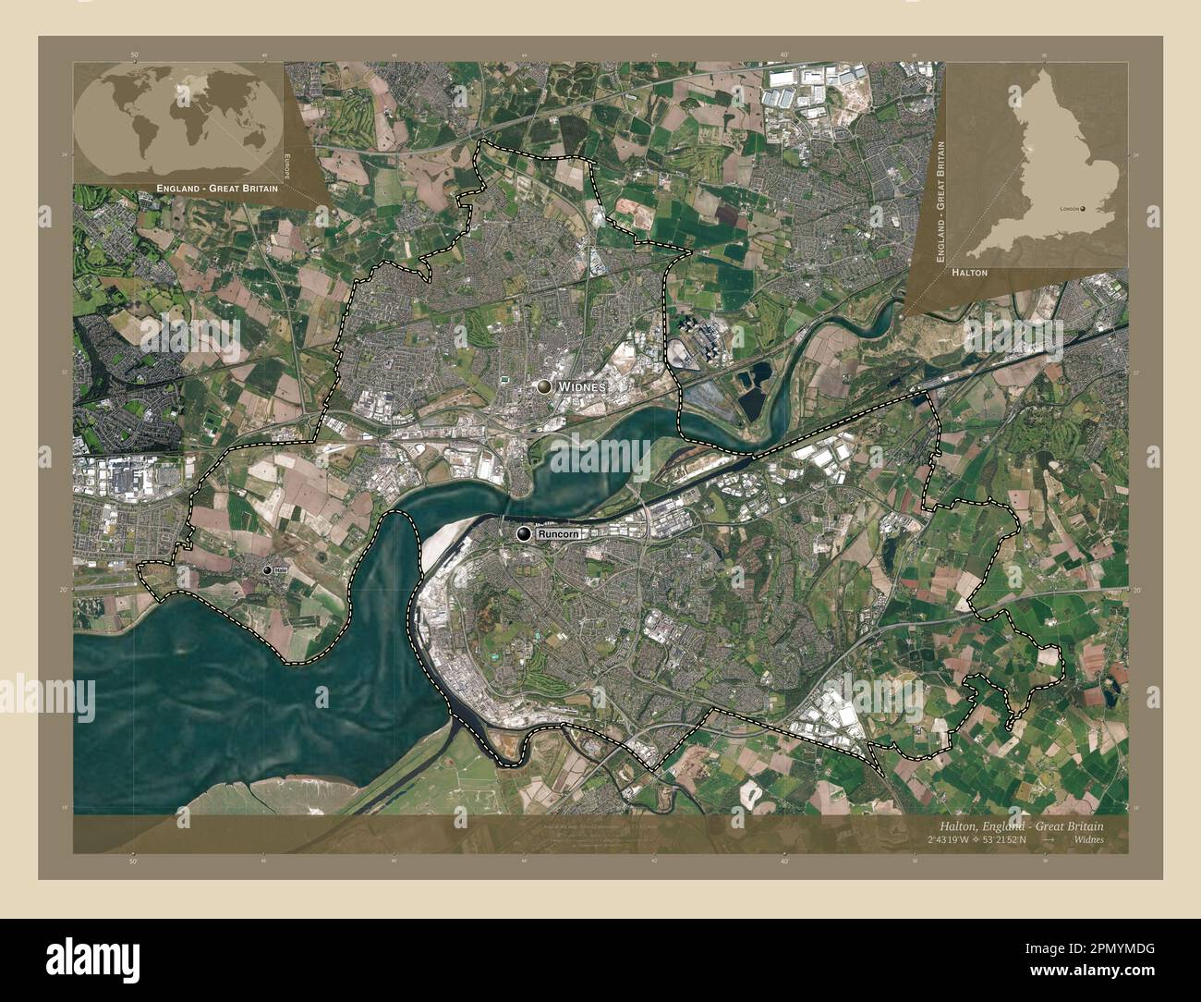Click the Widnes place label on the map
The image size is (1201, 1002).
[581, 387]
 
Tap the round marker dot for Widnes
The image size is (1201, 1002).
[546, 387]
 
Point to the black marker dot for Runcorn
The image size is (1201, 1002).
[525, 534]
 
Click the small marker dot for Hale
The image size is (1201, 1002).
[267, 571]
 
